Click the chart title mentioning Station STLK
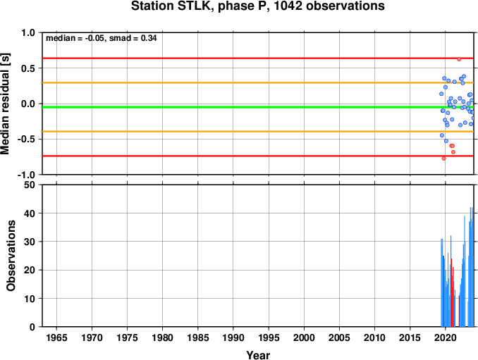(x=257, y=6)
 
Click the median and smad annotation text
(x=102, y=38)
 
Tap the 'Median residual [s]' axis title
(x=5, y=104)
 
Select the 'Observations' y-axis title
(x=11, y=256)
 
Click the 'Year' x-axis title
(x=258, y=355)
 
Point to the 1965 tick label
(x=56, y=337)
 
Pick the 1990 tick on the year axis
(x=233, y=337)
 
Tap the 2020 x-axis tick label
(x=446, y=337)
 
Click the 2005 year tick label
(x=339, y=337)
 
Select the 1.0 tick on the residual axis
(x=28, y=32)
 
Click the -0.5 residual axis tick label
(x=26, y=139)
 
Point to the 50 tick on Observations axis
(x=30, y=185)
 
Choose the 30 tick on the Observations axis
(x=30, y=242)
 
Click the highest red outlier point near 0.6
(x=459, y=59)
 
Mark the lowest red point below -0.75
(x=444, y=159)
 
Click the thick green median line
(x=258, y=107)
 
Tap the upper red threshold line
(x=258, y=58)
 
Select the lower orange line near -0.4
(x=258, y=132)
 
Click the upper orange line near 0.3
(x=258, y=82)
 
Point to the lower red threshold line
(x=258, y=156)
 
